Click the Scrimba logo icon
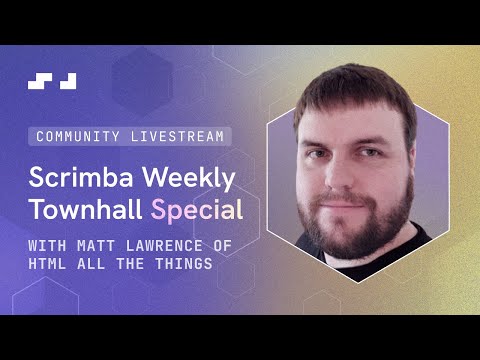[53, 81]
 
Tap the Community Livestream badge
[128, 135]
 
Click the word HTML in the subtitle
[47, 263]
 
